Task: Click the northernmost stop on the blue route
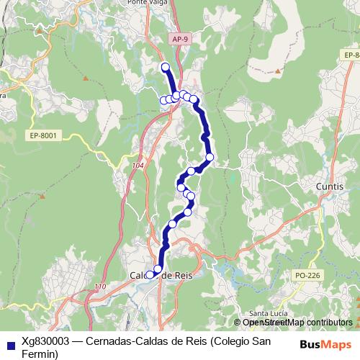tap(165, 67)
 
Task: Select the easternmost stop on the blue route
tap(210, 156)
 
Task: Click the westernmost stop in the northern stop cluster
tap(163, 100)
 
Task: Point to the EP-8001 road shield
tap(44, 135)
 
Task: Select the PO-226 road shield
tap(307, 275)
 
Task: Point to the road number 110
tap(99, 287)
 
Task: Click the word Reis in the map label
tap(181, 275)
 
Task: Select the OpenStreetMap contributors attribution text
tap(297, 323)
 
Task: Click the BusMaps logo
tap(325, 344)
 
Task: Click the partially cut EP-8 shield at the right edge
tap(351, 54)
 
